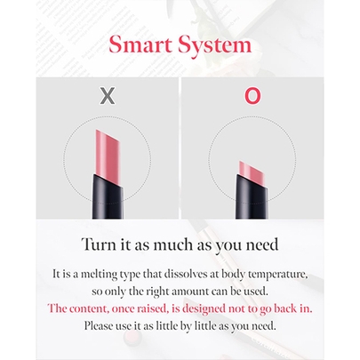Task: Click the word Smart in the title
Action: click(x=140, y=44)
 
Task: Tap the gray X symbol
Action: click(x=108, y=96)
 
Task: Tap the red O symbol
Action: click(x=252, y=96)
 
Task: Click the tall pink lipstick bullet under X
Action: click(x=107, y=154)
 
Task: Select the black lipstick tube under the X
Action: click(x=107, y=197)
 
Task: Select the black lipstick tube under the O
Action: click(x=252, y=197)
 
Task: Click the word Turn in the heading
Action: click(x=97, y=244)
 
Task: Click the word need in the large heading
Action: click(x=262, y=245)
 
